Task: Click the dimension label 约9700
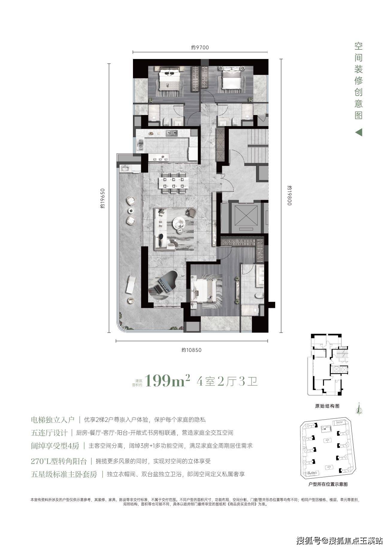pos(200,47)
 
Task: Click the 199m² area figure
pos(167,381)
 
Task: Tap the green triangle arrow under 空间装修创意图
pos(359,132)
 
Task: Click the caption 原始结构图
pos(327,406)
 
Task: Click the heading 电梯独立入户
pos(52,420)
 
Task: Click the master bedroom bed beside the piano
pos(204,290)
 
